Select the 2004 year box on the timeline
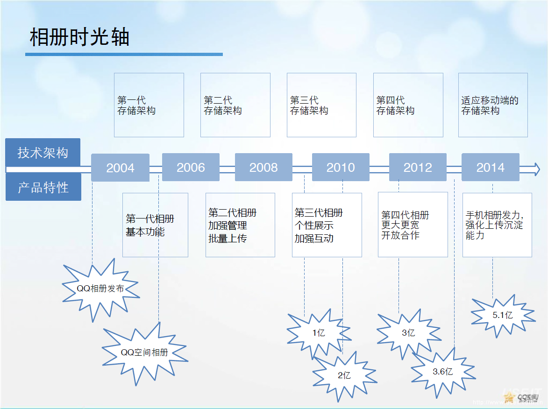coord(120,168)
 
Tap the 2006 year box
coord(191,167)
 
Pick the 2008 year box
coord(263,167)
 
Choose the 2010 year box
coord(341,167)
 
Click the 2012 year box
coord(418,167)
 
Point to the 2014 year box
coord(491,167)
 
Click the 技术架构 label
coord(43,153)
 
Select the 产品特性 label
coord(43,187)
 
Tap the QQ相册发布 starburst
coord(100,289)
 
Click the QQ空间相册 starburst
coord(144,353)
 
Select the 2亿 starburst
coord(344,375)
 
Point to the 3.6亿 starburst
coord(442,372)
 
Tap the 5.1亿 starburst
coord(502,315)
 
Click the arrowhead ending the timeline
coord(536,169)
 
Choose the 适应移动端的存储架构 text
coord(490,106)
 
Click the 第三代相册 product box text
coord(319,213)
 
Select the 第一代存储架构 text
coord(136,106)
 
